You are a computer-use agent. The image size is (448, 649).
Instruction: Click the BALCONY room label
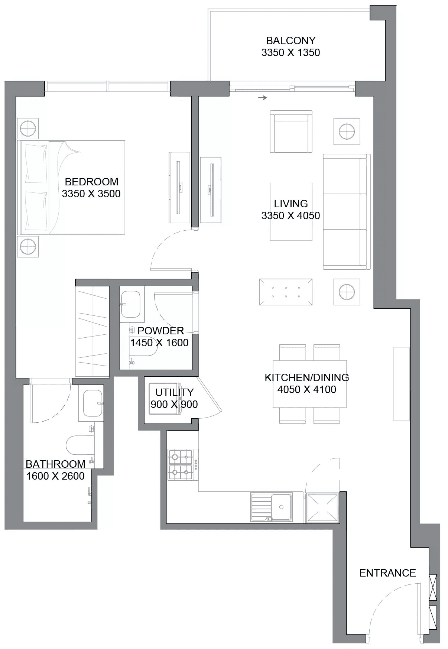tap(291, 40)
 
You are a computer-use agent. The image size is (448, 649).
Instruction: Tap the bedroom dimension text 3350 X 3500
tap(91, 194)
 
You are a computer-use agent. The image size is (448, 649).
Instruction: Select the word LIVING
tap(291, 204)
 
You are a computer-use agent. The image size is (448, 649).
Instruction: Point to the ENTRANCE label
tap(387, 573)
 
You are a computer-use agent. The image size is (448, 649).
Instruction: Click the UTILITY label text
tap(174, 392)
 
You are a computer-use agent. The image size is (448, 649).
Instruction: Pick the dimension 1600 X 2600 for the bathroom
tap(55, 476)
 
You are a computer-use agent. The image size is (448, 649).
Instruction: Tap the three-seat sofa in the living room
tap(347, 212)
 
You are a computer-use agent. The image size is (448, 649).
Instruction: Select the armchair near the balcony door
tap(291, 132)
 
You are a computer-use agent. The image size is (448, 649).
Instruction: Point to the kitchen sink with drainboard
tap(272, 507)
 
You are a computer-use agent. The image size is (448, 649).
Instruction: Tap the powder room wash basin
tap(131, 304)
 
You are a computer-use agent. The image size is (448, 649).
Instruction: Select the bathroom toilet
tap(80, 445)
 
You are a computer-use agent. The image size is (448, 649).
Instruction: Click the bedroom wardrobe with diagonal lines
tap(92, 331)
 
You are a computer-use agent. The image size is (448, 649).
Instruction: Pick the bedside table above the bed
tap(28, 129)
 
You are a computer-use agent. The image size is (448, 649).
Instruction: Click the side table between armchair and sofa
tap(347, 132)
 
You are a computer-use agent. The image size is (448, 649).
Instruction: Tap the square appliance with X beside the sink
tap(322, 507)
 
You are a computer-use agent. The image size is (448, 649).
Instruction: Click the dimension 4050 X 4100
tap(307, 389)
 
